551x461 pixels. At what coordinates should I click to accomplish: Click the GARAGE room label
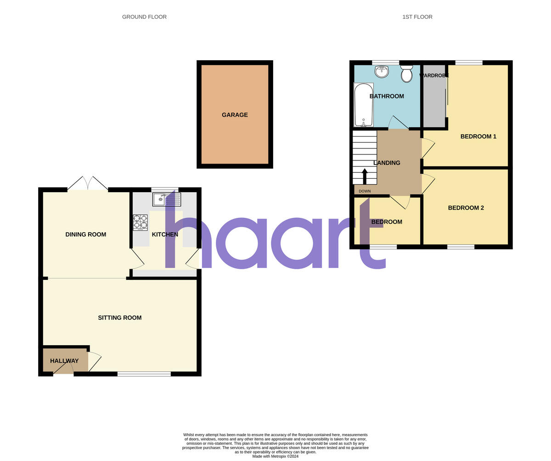click(235, 115)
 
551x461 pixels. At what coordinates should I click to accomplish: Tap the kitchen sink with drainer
click(167, 199)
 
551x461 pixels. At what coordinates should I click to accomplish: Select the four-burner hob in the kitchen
click(140, 222)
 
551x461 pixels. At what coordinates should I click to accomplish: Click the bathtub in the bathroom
click(364, 105)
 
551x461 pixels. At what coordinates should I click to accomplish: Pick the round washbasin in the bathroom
click(382, 71)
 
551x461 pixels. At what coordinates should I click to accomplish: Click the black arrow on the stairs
click(365, 176)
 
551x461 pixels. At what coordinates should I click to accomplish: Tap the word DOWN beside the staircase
click(365, 191)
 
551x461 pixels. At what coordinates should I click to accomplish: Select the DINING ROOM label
click(85, 234)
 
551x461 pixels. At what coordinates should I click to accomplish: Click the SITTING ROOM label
click(119, 318)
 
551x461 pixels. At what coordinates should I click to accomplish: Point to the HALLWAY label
click(64, 361)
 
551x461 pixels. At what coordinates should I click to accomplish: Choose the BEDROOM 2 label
click(466, 208)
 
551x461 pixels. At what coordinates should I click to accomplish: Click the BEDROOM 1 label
click(478, 137)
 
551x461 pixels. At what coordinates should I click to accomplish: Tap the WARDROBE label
click(434, 75)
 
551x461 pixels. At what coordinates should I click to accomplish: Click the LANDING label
click(387, 163)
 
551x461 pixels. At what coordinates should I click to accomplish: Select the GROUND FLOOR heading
click(144, 17)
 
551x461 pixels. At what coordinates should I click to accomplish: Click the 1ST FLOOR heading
click(417, 17)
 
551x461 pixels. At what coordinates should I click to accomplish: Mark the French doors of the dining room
click(88, 184)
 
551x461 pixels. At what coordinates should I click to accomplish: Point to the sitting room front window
click(144, 374)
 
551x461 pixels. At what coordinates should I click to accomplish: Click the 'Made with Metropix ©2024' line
click(275, 456)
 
